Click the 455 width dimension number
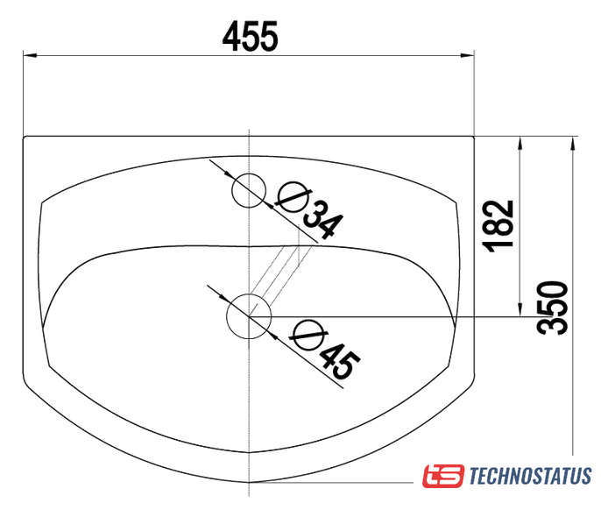tap(251, 37)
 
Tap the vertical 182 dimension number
tap(499, 226)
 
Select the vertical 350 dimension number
tap(552, 308)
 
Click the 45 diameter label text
tap(340, 361)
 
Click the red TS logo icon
tap(443, 476)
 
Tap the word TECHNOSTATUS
tap(531, 476)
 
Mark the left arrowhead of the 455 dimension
tap(30, 55)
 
